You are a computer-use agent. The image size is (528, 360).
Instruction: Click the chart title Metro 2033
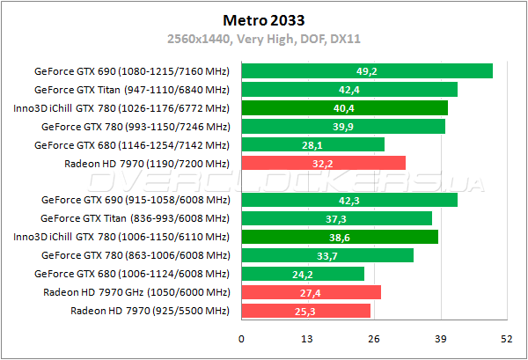point(264,18)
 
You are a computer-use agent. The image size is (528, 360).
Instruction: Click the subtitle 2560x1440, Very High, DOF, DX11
point(264,39)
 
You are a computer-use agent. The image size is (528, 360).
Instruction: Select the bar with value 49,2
point(366,71)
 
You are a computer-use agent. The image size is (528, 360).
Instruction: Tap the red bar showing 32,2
point(323,163)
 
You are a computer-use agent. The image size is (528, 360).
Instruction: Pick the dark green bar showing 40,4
point(344,108)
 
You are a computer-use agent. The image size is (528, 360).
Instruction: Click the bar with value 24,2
point(302,274)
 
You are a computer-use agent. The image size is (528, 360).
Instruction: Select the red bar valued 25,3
point(305,311)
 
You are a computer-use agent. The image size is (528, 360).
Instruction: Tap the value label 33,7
point(326,255)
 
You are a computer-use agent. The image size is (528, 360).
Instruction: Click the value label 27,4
point(310,292)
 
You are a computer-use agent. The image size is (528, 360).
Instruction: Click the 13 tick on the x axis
point(307,340)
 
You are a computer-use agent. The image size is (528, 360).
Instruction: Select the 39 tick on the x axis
point(440,340)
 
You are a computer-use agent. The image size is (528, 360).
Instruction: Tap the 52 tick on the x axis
point(506,340)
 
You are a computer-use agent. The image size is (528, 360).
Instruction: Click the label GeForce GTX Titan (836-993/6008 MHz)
point(135,218)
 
